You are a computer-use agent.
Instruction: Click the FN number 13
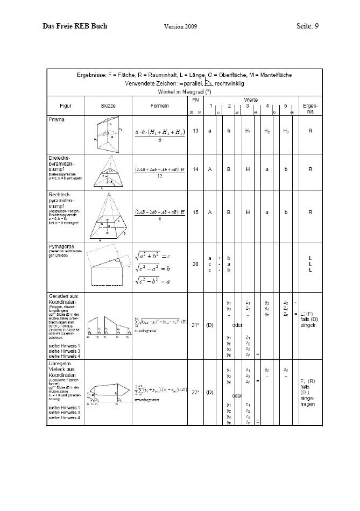[x=195, y=131]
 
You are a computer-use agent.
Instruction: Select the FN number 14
[x=195, y=169]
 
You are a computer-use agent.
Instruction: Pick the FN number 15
[x=195, y=212]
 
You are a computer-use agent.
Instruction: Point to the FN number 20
[x=195, y=264]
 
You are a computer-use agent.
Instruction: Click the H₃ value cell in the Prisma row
[x=286, y=131]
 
